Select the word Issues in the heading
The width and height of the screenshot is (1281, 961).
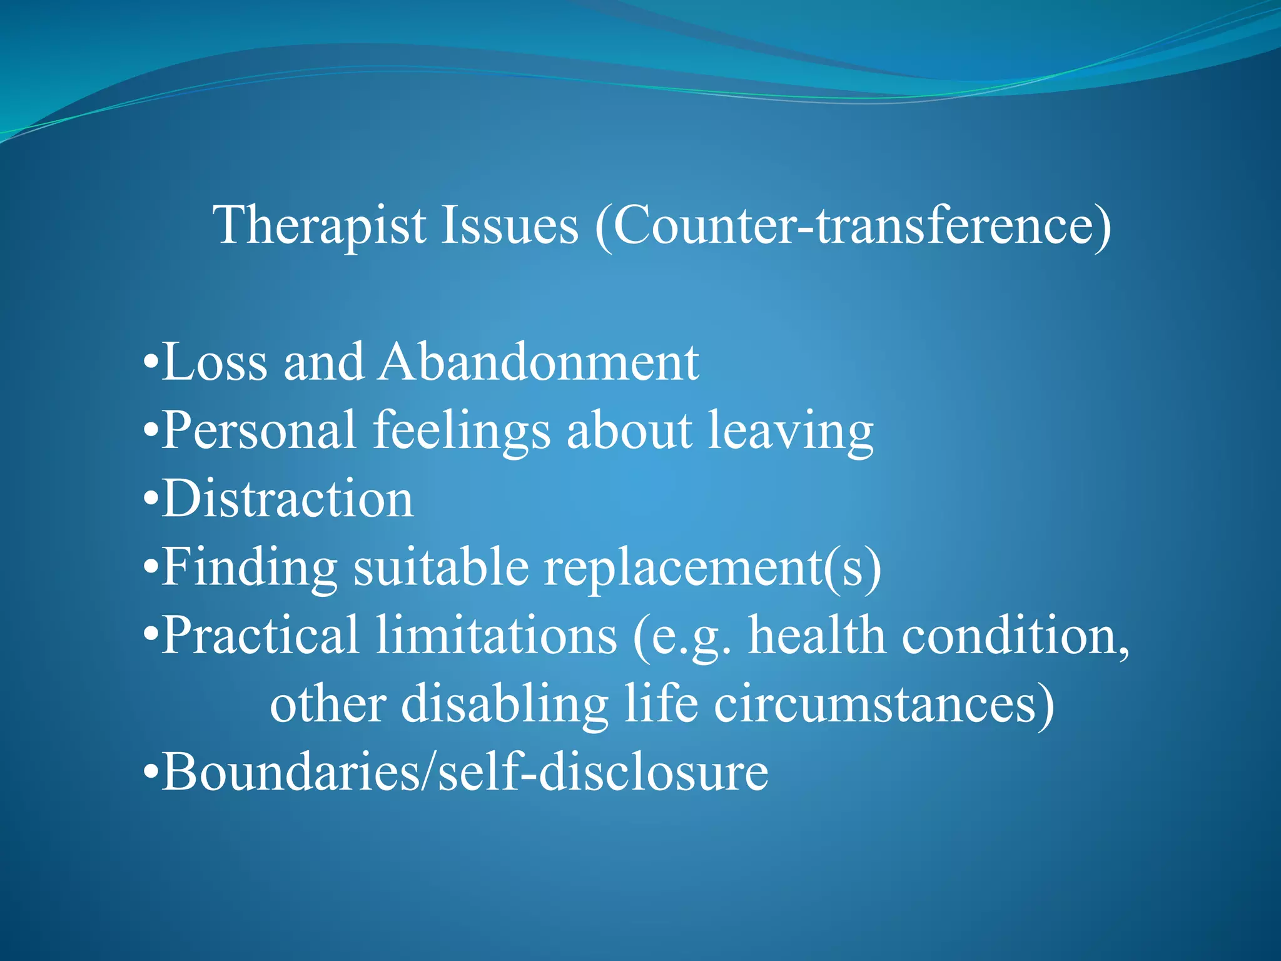[510, 225]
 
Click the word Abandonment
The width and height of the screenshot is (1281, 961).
[539, 363]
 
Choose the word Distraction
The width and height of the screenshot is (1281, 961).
[288, 499]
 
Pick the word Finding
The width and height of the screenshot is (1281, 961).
[250, 568]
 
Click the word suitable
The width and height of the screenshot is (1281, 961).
[441, 567]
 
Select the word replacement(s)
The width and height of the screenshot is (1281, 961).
[712, 568]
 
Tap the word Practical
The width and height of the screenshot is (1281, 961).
[260, 636]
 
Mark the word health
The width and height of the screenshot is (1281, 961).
[817, 636]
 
